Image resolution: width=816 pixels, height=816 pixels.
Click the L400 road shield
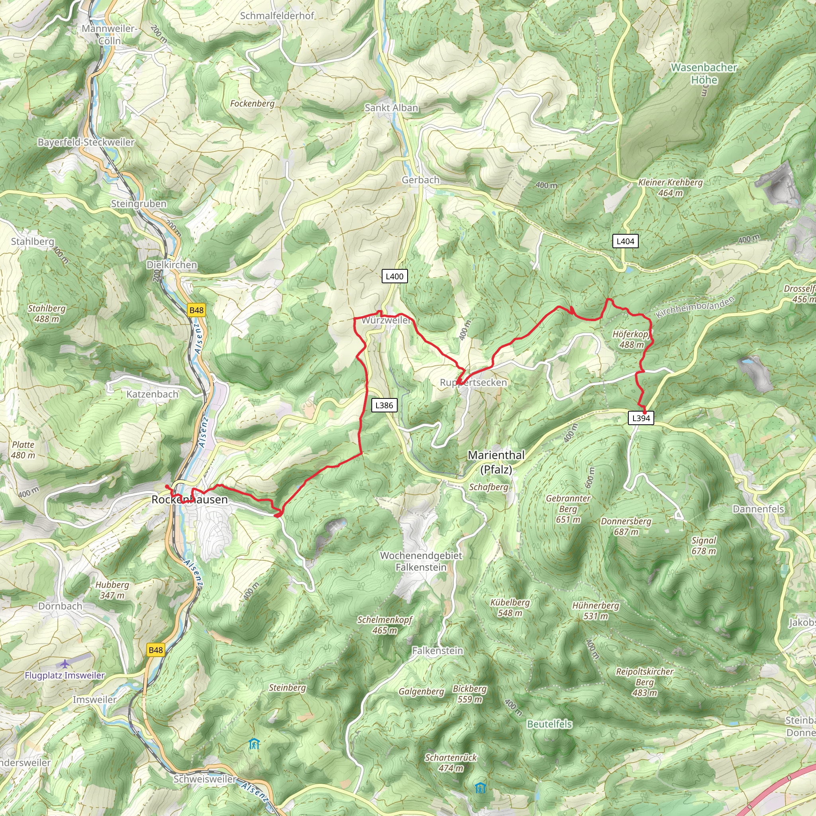point(394,276)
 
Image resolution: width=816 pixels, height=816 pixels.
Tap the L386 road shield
point(384,405)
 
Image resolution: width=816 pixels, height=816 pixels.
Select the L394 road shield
point(641,418)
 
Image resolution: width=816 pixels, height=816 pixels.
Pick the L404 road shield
point(625,241)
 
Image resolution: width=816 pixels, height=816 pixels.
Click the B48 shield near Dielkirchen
point(196,310)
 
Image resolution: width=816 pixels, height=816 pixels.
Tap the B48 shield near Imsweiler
point(155,650)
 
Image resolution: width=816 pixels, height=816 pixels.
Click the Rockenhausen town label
point(190,500)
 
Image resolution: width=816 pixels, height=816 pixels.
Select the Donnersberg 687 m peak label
point(626,526)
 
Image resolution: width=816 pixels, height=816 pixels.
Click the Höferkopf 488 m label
point(631,339)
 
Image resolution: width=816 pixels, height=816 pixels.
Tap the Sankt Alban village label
point(391,108)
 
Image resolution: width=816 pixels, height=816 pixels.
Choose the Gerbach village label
point(420,180)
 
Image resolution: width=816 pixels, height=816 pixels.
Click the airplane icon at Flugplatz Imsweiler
point(64,664)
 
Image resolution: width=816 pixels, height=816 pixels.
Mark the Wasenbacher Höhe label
point(704,73)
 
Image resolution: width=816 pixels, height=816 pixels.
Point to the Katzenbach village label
point(153,394)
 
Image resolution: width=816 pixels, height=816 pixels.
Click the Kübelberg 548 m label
point(510,607)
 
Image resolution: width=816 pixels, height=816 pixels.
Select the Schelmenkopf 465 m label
point(384,625)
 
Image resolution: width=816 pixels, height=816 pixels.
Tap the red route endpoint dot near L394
point(645,412)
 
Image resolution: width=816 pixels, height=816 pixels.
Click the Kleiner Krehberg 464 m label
point(670,188)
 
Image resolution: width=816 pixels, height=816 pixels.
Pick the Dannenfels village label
point(758,509)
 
